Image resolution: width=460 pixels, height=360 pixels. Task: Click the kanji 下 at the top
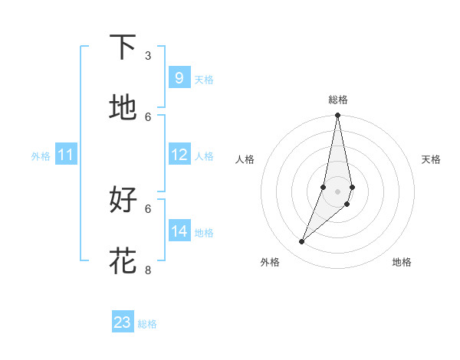tap(123, 47)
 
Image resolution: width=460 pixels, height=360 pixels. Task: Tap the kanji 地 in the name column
tap(123, 108)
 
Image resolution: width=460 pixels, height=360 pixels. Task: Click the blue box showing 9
tap(179, 77)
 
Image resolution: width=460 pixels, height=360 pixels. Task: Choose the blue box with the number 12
tap(179, 155)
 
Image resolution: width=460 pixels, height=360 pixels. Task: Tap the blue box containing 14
tap(179, 231)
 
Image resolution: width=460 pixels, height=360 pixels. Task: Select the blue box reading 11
tap(66, 155)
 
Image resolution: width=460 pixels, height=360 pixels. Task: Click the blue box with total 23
tap(123, 322)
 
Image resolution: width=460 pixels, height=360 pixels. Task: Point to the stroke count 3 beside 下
tap(148, 56)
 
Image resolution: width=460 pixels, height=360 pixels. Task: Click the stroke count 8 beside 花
tap(148, 270)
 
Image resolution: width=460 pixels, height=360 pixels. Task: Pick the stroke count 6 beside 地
tap(148, 116)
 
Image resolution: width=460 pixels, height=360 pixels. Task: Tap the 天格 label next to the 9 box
tap(204, 79)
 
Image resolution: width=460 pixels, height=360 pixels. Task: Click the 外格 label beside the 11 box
tap(41, 156)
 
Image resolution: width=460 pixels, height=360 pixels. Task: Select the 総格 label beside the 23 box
tap(148, 324)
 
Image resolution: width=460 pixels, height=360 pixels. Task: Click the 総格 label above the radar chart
tap(338, 100)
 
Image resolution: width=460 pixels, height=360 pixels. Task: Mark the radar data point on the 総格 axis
tap(337, 116)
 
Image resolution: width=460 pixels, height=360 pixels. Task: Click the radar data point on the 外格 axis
tap(302, 242)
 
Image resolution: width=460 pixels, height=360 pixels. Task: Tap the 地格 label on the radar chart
tap(402, 262)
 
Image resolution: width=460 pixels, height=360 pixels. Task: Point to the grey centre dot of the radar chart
tap(337, 191)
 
